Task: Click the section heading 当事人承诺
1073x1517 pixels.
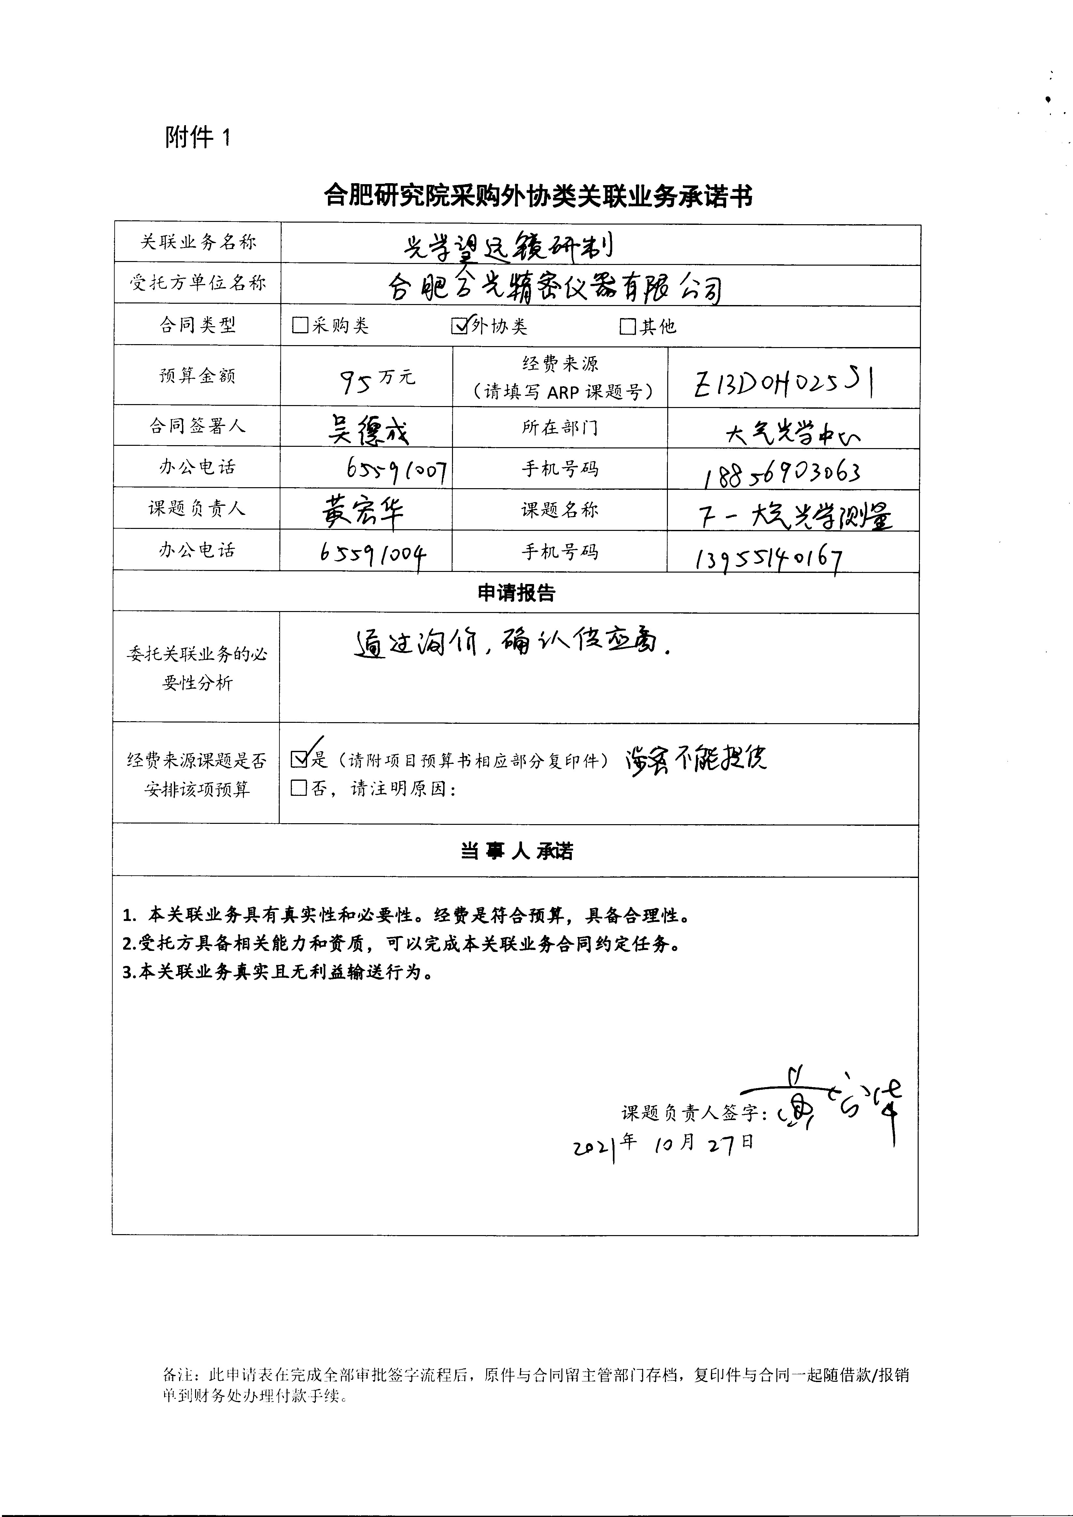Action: [x=516, y=851]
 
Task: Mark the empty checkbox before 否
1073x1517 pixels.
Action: [x=299, y=788]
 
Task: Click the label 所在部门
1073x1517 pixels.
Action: [x=560, y=428]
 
